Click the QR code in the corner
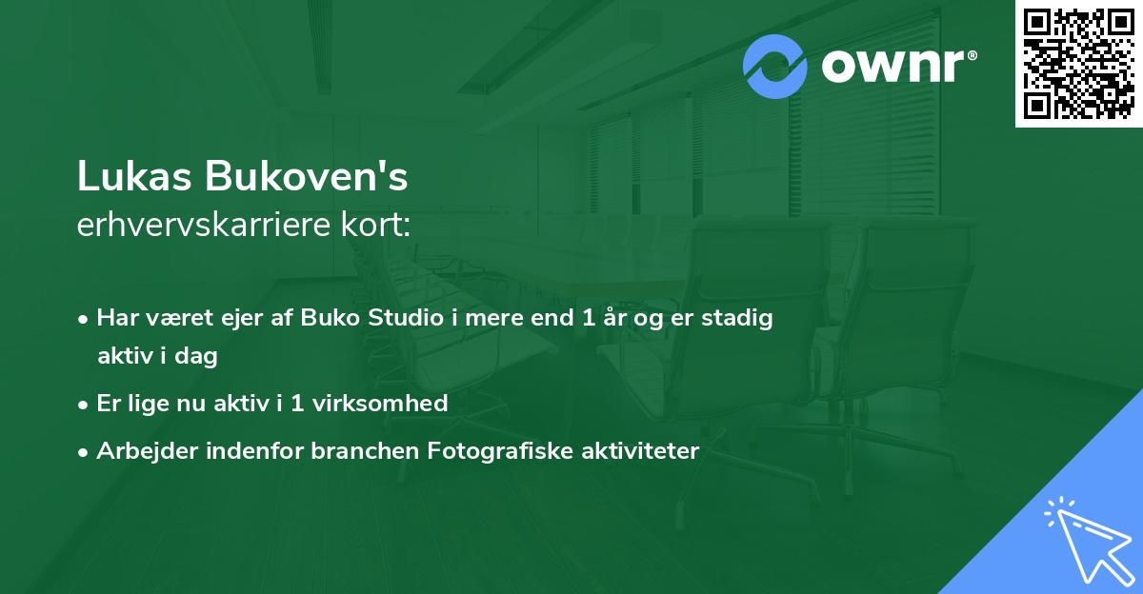coord(1078,63)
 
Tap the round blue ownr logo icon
coord(775,66)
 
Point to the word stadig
coord(738,318)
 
